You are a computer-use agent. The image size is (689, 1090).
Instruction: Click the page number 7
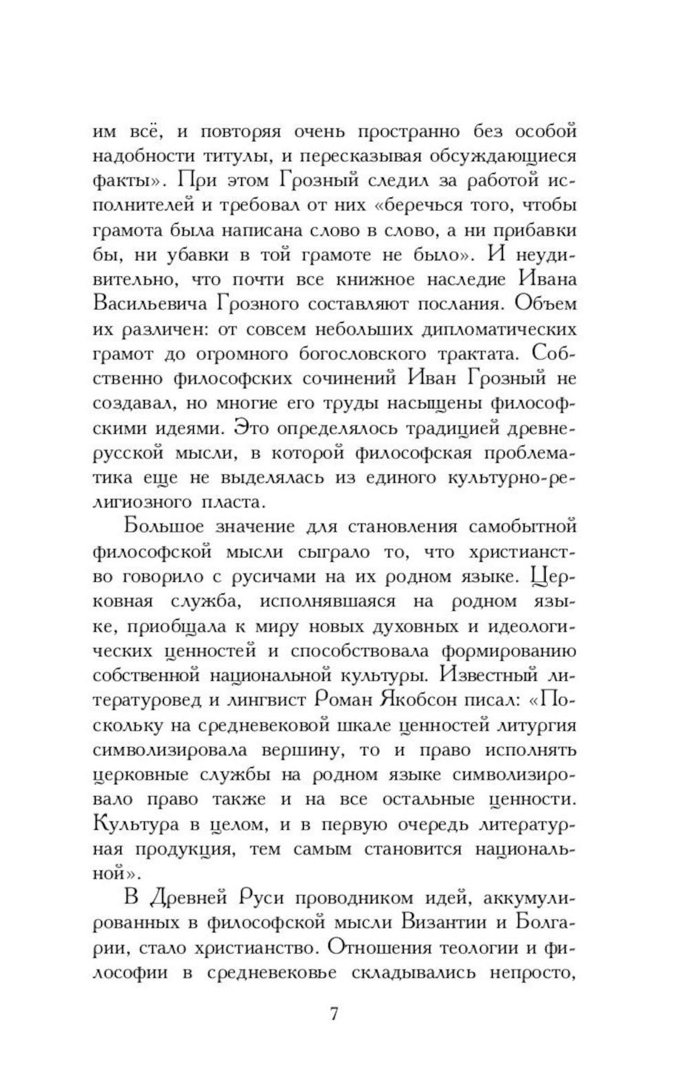point(334,1014)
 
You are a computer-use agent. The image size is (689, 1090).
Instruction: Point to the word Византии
point(445,923)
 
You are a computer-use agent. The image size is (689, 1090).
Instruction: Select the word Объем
point(544,304)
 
